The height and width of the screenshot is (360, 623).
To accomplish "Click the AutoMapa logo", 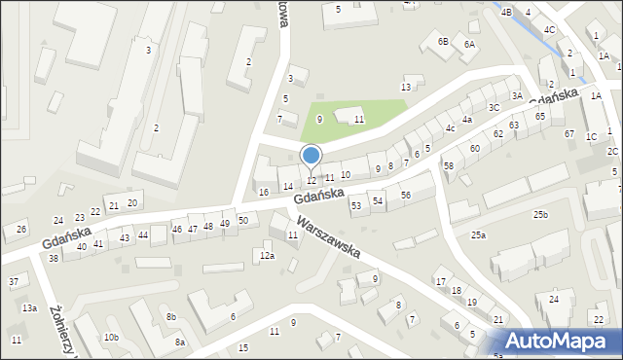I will [560, 342].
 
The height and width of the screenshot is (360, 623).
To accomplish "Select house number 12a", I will [266, 256].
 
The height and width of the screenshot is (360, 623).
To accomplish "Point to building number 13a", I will [30, 308].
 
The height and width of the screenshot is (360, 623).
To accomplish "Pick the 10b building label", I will [112, 338].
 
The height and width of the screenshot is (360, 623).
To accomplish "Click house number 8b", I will [171, 317].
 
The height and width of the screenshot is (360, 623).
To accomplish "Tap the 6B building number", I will [443, 42].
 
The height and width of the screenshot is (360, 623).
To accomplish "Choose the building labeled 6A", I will [469, 45].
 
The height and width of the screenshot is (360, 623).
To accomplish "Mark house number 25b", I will [540, 214].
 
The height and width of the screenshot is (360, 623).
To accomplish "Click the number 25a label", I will [478, 235].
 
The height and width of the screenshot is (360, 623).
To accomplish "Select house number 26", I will [21, 230].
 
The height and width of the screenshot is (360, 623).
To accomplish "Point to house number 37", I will [14, 282].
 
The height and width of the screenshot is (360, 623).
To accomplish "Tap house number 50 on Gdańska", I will [243, 220].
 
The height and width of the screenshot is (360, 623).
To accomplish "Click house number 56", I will [405, 196].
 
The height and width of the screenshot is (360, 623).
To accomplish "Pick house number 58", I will [449, 166].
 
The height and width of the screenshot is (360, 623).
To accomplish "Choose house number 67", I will [569, 133].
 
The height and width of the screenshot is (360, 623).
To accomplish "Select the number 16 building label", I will [264, 193].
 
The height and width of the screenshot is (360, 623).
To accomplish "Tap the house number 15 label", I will [243, 347].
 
